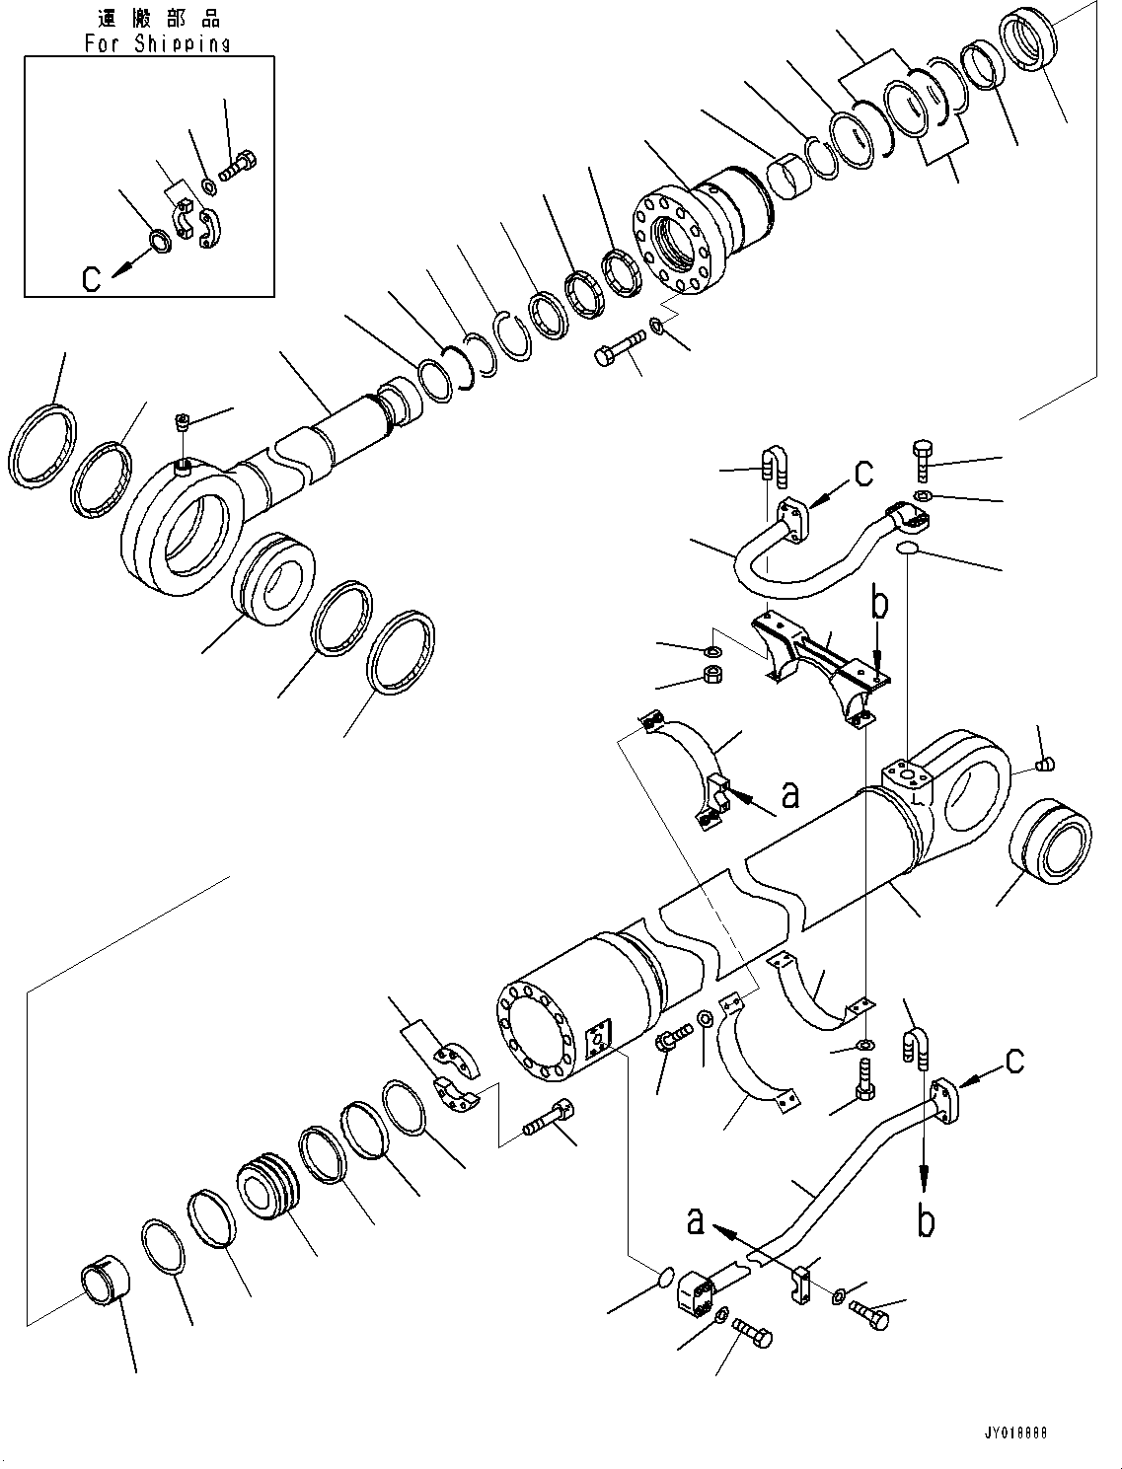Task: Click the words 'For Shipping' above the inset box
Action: (157, 42)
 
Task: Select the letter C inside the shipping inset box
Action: (92, 279)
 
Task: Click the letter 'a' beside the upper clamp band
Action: (789, 794)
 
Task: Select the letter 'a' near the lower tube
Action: (697, 1222)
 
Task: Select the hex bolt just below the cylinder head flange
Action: (617, 351)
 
